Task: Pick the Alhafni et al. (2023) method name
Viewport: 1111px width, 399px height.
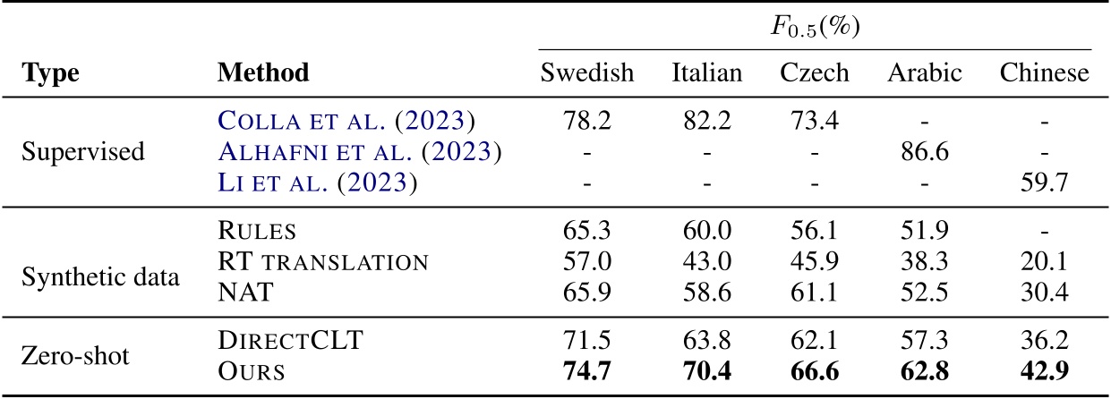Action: [358, 151]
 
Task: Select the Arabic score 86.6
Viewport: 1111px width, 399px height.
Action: [925, 151]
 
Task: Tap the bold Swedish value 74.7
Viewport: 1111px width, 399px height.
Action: [586, 370]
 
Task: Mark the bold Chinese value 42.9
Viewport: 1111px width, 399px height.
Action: [1045, 370]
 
